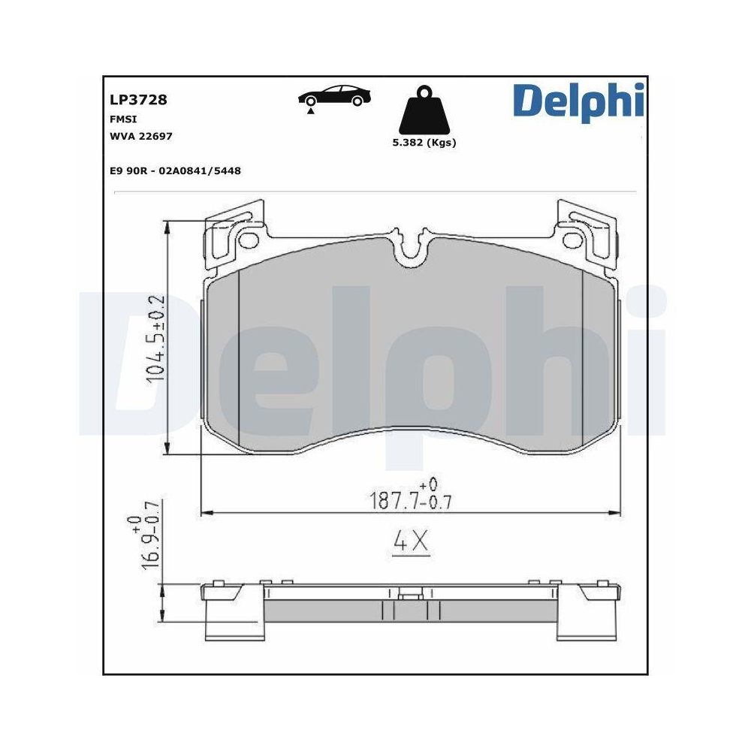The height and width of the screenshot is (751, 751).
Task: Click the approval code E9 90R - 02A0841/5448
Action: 174,171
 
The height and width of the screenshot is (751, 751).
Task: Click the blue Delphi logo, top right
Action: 578,103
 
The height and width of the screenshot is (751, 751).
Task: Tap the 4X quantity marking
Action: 411,542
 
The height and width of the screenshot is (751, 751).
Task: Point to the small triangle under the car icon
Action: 310,111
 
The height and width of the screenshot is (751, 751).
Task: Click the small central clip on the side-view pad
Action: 410,598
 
